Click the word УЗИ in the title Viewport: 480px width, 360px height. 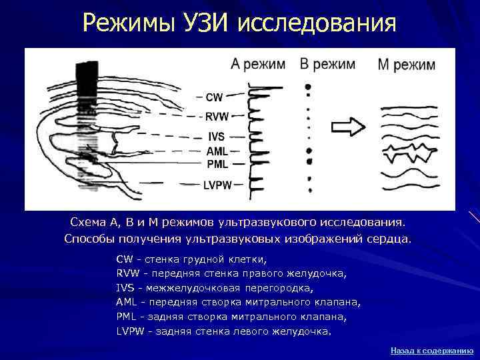[207, 24]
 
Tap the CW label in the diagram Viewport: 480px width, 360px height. [214, 97]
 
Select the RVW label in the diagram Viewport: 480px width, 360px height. [217, 117]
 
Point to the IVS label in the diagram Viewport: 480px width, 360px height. [216, 137]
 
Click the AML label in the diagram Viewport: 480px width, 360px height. [217, 151]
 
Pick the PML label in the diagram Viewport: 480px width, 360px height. [217, 163]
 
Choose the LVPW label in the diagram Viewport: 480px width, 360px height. [217, 185]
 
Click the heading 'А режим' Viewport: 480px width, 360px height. [258, 65]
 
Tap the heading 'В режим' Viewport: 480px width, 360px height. [327, 64]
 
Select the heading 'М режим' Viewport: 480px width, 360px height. [406, 65]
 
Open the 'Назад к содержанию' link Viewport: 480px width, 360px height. [431, 350]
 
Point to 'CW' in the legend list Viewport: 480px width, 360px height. [124, 259]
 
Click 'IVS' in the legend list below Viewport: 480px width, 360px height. [125, 289]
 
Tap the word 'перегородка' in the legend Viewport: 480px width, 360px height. [280, 289]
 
